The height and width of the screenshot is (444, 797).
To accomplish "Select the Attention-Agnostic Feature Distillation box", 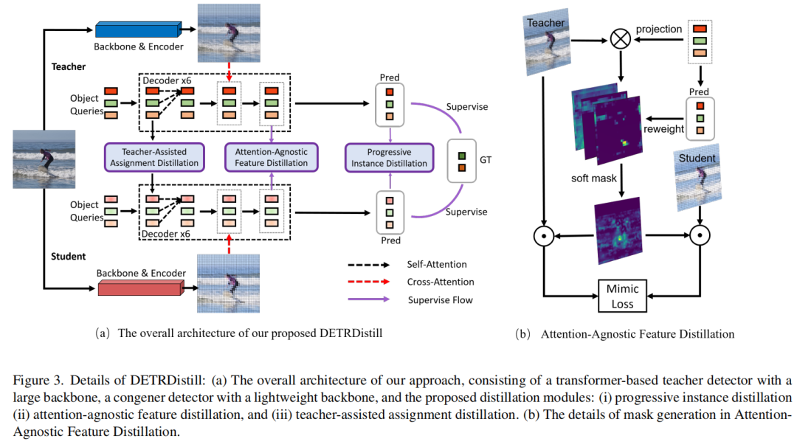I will click(272, 157).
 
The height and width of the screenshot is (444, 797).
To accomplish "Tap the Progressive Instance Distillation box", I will click(388, 157).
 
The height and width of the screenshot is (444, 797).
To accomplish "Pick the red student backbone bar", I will click(140, 288).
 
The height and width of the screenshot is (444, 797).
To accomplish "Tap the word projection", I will click(659, 29).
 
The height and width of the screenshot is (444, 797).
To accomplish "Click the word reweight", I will click(664, 128).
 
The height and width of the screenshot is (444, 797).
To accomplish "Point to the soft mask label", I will click(593, 178).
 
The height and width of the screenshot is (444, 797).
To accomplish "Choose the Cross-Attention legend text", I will click(441, 282).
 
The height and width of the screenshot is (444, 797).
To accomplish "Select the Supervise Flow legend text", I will click(441, 299).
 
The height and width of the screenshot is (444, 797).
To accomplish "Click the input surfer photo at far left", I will click(44, 159).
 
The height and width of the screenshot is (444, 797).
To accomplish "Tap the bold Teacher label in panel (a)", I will click(69, 66).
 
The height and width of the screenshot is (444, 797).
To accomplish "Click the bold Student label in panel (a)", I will click(69, 256).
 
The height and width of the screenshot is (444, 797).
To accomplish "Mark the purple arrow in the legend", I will click(372, 299).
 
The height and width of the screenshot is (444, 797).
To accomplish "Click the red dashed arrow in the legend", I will click(372, 282).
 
